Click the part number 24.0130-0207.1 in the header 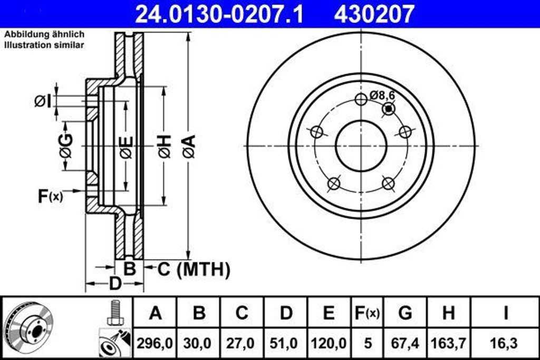pos(219,14)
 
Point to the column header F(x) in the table pos(365,313)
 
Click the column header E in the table pos(328,313)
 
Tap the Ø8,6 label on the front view pos(382,95)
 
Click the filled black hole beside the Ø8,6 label pos(389,109)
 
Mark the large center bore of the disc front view pos(361,145)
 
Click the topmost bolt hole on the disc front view pos(361,99)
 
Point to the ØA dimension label pos(189,146)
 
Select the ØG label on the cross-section pos(65,146)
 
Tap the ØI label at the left pos(43,100)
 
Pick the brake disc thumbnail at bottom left pos(25,327)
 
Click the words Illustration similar pos(44,45)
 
